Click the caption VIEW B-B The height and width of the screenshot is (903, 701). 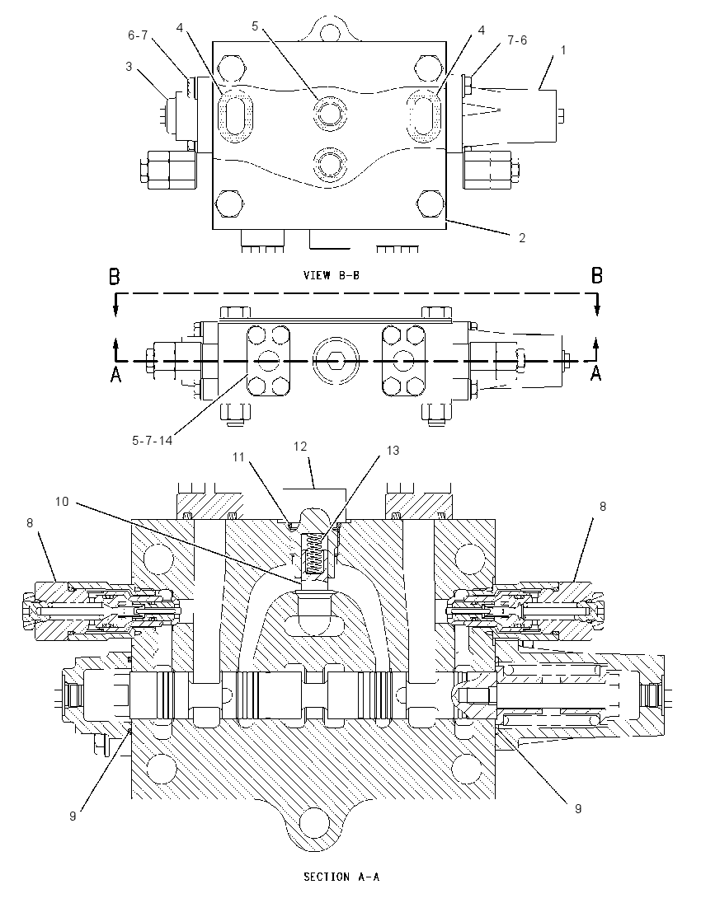click(332, 275)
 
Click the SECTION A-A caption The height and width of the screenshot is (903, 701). click(341, 877)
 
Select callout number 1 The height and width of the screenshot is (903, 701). click(563, 50)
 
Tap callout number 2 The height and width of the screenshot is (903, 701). click(522, 237)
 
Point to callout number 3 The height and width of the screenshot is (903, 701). click(129, 66)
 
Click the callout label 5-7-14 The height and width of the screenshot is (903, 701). click(153, 441)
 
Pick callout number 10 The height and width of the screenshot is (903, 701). click(62, 502)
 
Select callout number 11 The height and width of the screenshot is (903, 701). click(238, 457)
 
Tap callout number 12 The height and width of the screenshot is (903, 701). click(299, 447)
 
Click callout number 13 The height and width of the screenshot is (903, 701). click(393, 451)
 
